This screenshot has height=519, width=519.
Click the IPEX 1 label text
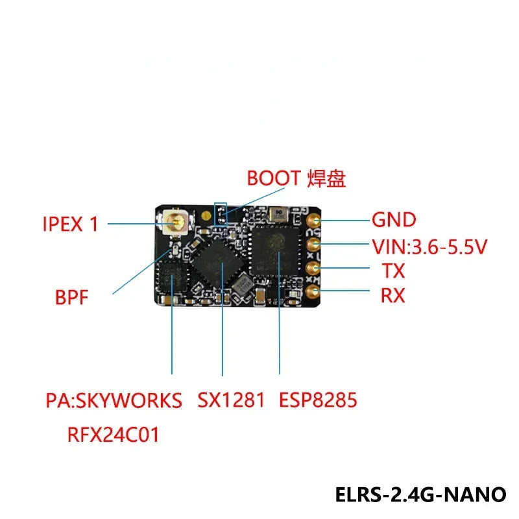(71, 224)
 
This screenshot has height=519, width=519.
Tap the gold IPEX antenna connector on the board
(176, 224)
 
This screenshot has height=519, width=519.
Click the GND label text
(393, 219)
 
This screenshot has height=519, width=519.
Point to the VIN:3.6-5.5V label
(429, 246)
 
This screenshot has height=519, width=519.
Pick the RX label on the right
(392, 296)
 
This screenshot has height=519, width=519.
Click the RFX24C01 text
(113, 433)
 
